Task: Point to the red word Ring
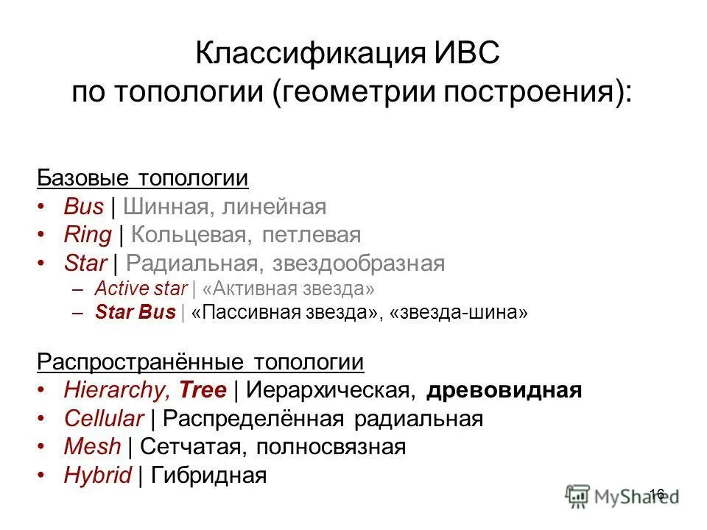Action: click(88, 235)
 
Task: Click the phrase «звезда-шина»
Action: click(459, 311)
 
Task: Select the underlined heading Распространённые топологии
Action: click(200, 362)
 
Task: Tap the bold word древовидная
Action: click(504, 390)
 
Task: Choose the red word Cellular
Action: click(103, 419)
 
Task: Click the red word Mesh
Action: click(92, 447)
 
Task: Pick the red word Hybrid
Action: click(97, 475)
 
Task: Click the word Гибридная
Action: click(208, 475)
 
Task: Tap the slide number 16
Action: click(658, 494)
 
